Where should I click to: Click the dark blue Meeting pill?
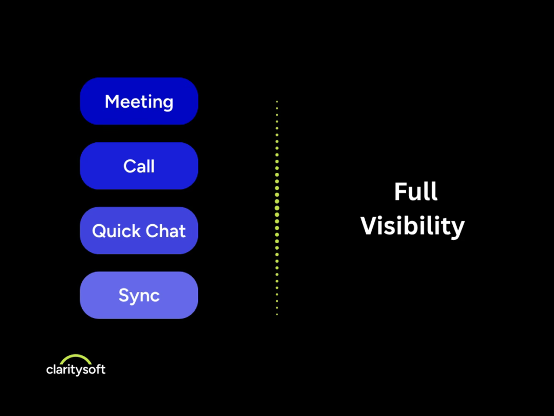pyautogui.click(x=139, y=101)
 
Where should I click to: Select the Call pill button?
pyautogui.click(x=139, y=166)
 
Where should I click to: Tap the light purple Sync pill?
pyautogui.click(x=139, y=295)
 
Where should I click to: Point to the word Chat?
pyautogui.click(x=166, y=231)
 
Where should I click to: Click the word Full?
pyautogui.click(x=416, y=192)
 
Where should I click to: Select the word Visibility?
pyautogui.click(x=412, y=226)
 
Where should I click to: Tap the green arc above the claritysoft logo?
pyautogui.click(x=76, y=359)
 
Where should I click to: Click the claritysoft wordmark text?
pyautogui.click(x=76, y=369)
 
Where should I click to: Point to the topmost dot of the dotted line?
pyautogui.click(x=277, y=101)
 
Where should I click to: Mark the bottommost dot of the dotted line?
pyautogui.click(x=277, y=315)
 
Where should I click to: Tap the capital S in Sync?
pyautogui.click(x=124, y=295)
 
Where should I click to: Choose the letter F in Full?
pyautogui.click(x=401, y=192)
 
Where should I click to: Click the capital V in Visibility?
pyautogui.click(x=370, y=225)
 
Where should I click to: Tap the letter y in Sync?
pyautogui.click(x=136, y=298)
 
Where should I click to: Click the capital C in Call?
pyautogui.click(x=129, y=166)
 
